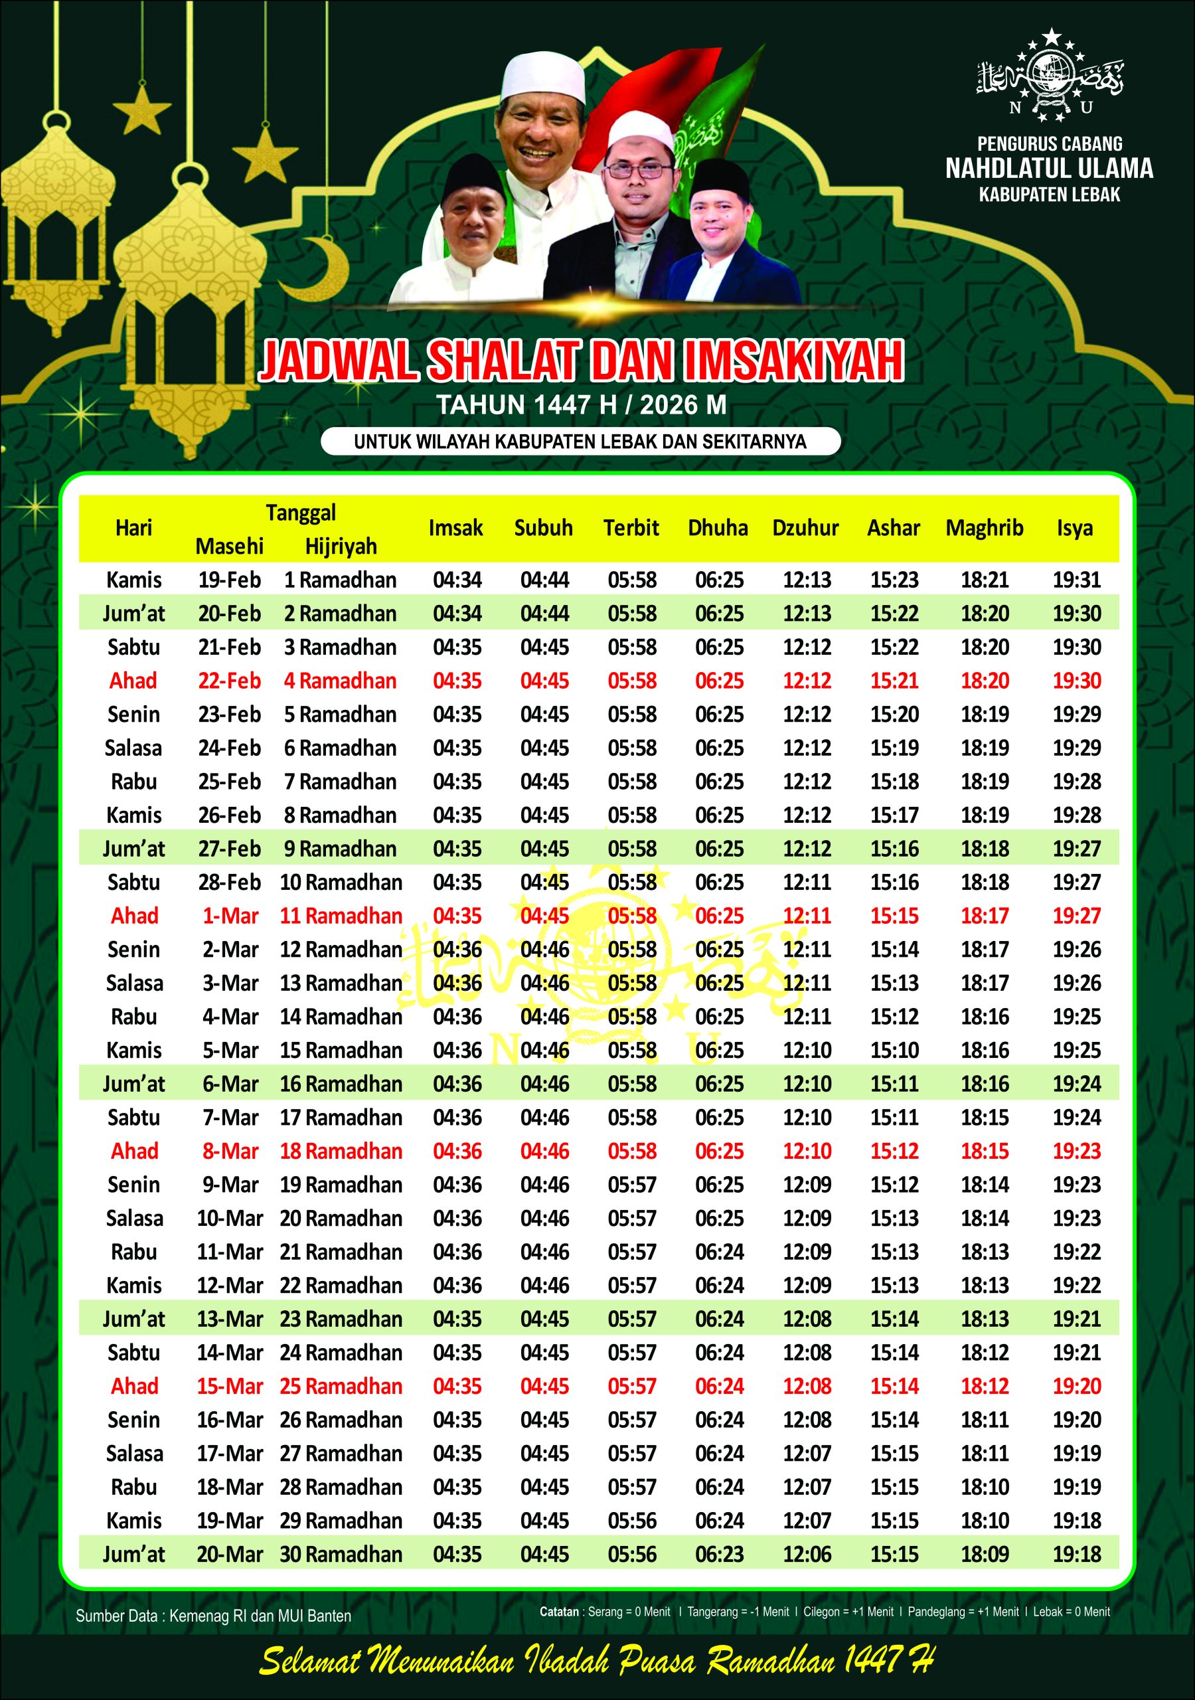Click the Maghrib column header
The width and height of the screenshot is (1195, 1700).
click(x=984, y=528)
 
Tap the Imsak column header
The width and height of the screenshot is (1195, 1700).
click(x=455, y=528)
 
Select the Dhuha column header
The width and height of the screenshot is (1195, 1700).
click(x=718, y=528)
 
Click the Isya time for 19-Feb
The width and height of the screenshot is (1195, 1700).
click(x=1077, y=580)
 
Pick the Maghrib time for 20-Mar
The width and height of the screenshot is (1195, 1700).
click(x=985, y=1554)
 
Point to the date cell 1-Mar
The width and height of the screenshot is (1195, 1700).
click(x=230, y=916)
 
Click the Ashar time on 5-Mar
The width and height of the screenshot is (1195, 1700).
click(x=894, y=1050)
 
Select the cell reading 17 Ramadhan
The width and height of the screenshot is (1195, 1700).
click(x=341, y=1118)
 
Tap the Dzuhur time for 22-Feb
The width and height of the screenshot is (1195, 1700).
click(x=806, y=681)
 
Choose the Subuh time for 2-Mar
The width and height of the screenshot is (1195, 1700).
click(x=544, y=949)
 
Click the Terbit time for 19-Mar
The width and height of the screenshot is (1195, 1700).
click(x=631, y=1520)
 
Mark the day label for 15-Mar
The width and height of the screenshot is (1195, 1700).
click(x=134, y=1386)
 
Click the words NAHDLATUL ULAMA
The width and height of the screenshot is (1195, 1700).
click(x=1049, y=169)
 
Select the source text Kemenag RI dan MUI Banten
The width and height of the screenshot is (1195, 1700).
click(x=260, y=1616)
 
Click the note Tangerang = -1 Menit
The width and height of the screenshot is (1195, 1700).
click(x=738, y=1612)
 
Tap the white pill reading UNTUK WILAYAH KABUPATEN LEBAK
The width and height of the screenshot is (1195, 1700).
click(x=580, y=442)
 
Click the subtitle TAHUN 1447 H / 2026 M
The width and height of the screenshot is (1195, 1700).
click(x=581, y=405)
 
